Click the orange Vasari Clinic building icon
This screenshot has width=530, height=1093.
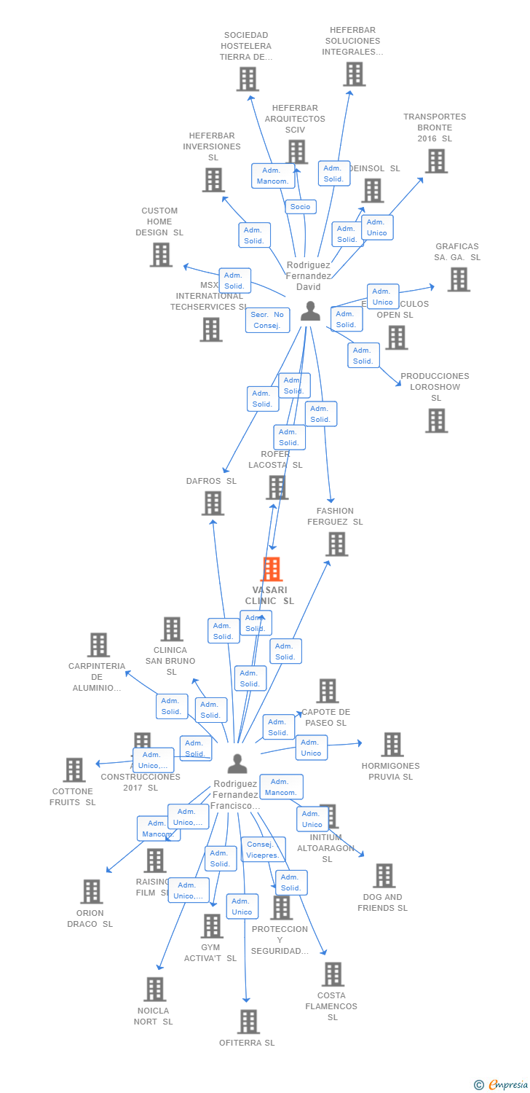point(271,569)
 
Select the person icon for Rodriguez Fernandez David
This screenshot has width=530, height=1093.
point(310,311)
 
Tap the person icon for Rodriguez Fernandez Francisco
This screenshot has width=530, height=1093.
point(237,764)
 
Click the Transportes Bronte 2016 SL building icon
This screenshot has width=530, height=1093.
point(436,161)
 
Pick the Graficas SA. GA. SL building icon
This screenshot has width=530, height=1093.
point(458,279)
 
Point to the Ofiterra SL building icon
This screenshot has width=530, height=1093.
point(248,1022)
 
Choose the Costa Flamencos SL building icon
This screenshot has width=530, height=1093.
point(332,974)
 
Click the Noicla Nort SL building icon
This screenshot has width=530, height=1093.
point(154,990)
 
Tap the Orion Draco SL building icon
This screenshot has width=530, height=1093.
point(91,892)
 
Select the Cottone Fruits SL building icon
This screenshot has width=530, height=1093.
point(74,770)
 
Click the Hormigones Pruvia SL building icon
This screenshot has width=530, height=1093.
point(392,745)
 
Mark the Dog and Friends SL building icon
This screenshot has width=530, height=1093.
point(384,876)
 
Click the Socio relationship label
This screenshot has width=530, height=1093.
point(300,207)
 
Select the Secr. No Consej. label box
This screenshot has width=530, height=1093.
point(267,320)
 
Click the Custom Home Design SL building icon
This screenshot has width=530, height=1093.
point(161,255)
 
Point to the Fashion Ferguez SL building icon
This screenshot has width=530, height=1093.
point(336,544)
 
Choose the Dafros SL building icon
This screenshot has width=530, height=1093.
point(213,504)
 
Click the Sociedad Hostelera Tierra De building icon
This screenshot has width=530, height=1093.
point(248,79)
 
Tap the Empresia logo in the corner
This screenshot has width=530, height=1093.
point(503,1085)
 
